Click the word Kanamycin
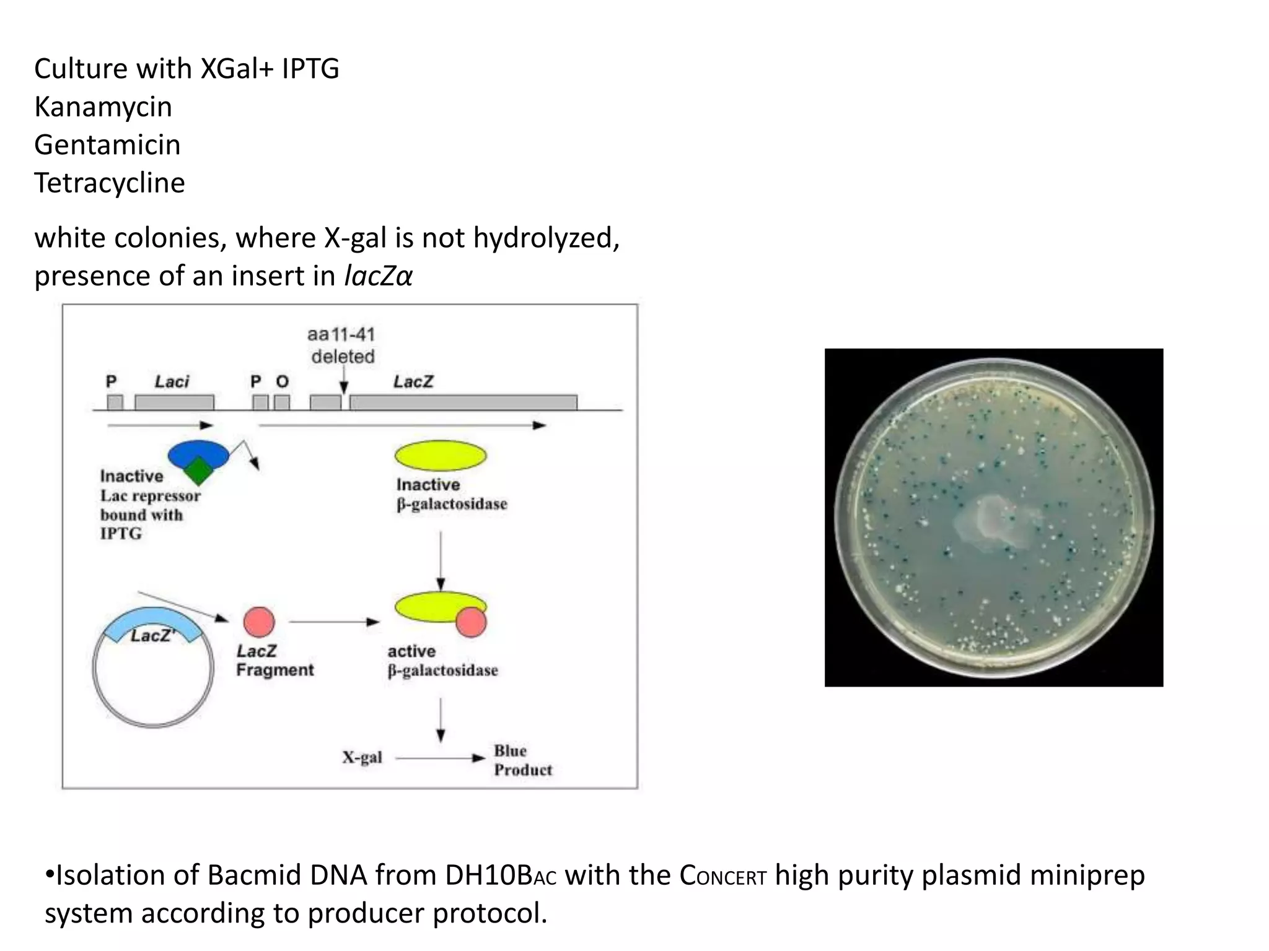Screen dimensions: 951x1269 pos(103,107)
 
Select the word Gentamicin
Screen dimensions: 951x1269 pos(107,145)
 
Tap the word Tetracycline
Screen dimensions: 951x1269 pos(110,183)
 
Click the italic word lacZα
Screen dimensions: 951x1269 pos(378,276)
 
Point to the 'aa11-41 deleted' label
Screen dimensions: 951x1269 pos(342,345)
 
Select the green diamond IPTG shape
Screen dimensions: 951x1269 pos(198,471)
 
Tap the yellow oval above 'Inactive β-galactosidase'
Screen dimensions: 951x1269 pos(441,456)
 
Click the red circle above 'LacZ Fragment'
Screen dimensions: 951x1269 pos(259,622)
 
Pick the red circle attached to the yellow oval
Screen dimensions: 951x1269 pos(471,622)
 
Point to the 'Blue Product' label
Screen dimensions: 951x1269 pos(522,760)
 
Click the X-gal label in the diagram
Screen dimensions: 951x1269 pos(362,758)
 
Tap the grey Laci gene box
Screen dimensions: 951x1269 pos(174,402)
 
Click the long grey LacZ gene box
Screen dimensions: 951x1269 pos(463,402)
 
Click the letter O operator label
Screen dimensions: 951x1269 pos(282,381)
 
